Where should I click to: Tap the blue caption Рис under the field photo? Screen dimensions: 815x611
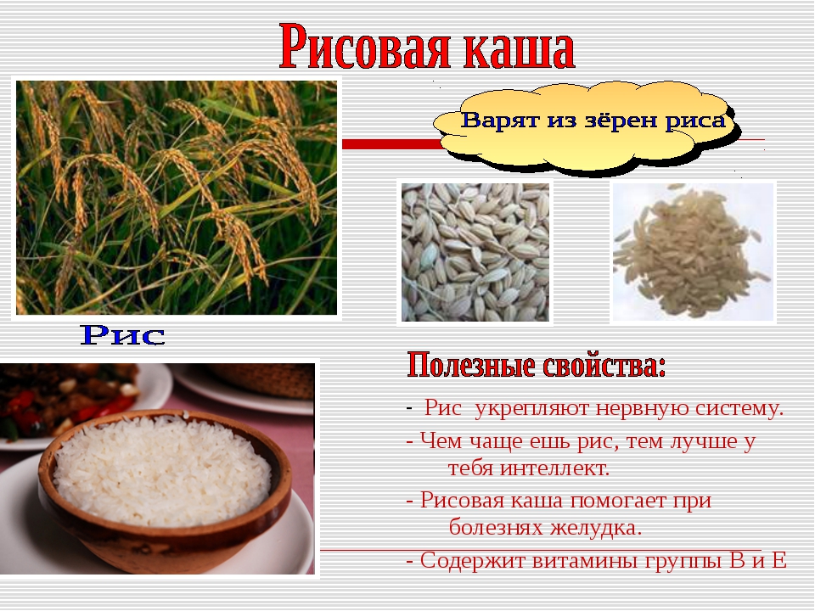pyautogui.click(x=122, y=335)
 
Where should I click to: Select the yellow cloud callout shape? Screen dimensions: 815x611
pyautogui.click(x=587, y=127)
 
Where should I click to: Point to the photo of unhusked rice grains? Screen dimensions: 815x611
pyautogui.click(x=475, y=252)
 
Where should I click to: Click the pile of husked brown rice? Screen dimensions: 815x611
pyautogui.click(x=691, y=251)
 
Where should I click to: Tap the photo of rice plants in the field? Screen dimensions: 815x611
pyautogui.click(x=177, y=198)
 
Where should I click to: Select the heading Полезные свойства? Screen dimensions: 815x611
pyautogui.click(x=536, y=365)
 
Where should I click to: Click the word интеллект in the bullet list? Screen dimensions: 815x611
pyautogui.click(x=554, y=468)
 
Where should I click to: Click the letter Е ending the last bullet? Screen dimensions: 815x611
pyautogui.click(x=779, y=561)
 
